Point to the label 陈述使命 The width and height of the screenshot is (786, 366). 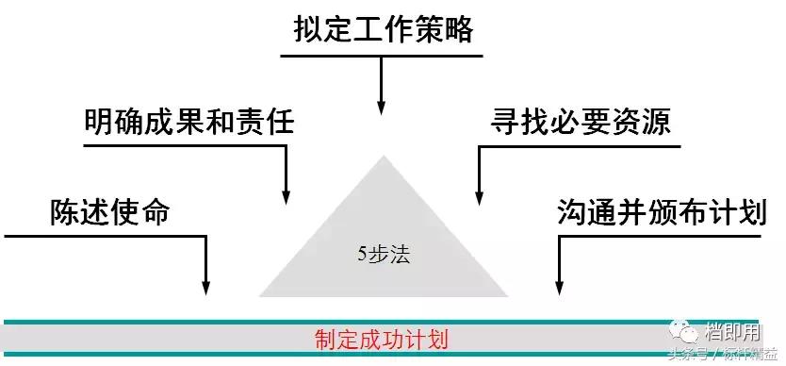click(109, 211)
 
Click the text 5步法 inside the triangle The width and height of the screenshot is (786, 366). click(385, 253)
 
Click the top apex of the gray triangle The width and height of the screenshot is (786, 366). click(384, 155)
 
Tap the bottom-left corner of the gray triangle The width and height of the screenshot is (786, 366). click(259, 296)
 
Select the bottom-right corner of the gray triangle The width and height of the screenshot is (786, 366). click(509, 296)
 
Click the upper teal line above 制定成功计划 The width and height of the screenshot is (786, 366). click(283, 322)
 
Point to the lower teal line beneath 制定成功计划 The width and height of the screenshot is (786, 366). click(283, 354)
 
